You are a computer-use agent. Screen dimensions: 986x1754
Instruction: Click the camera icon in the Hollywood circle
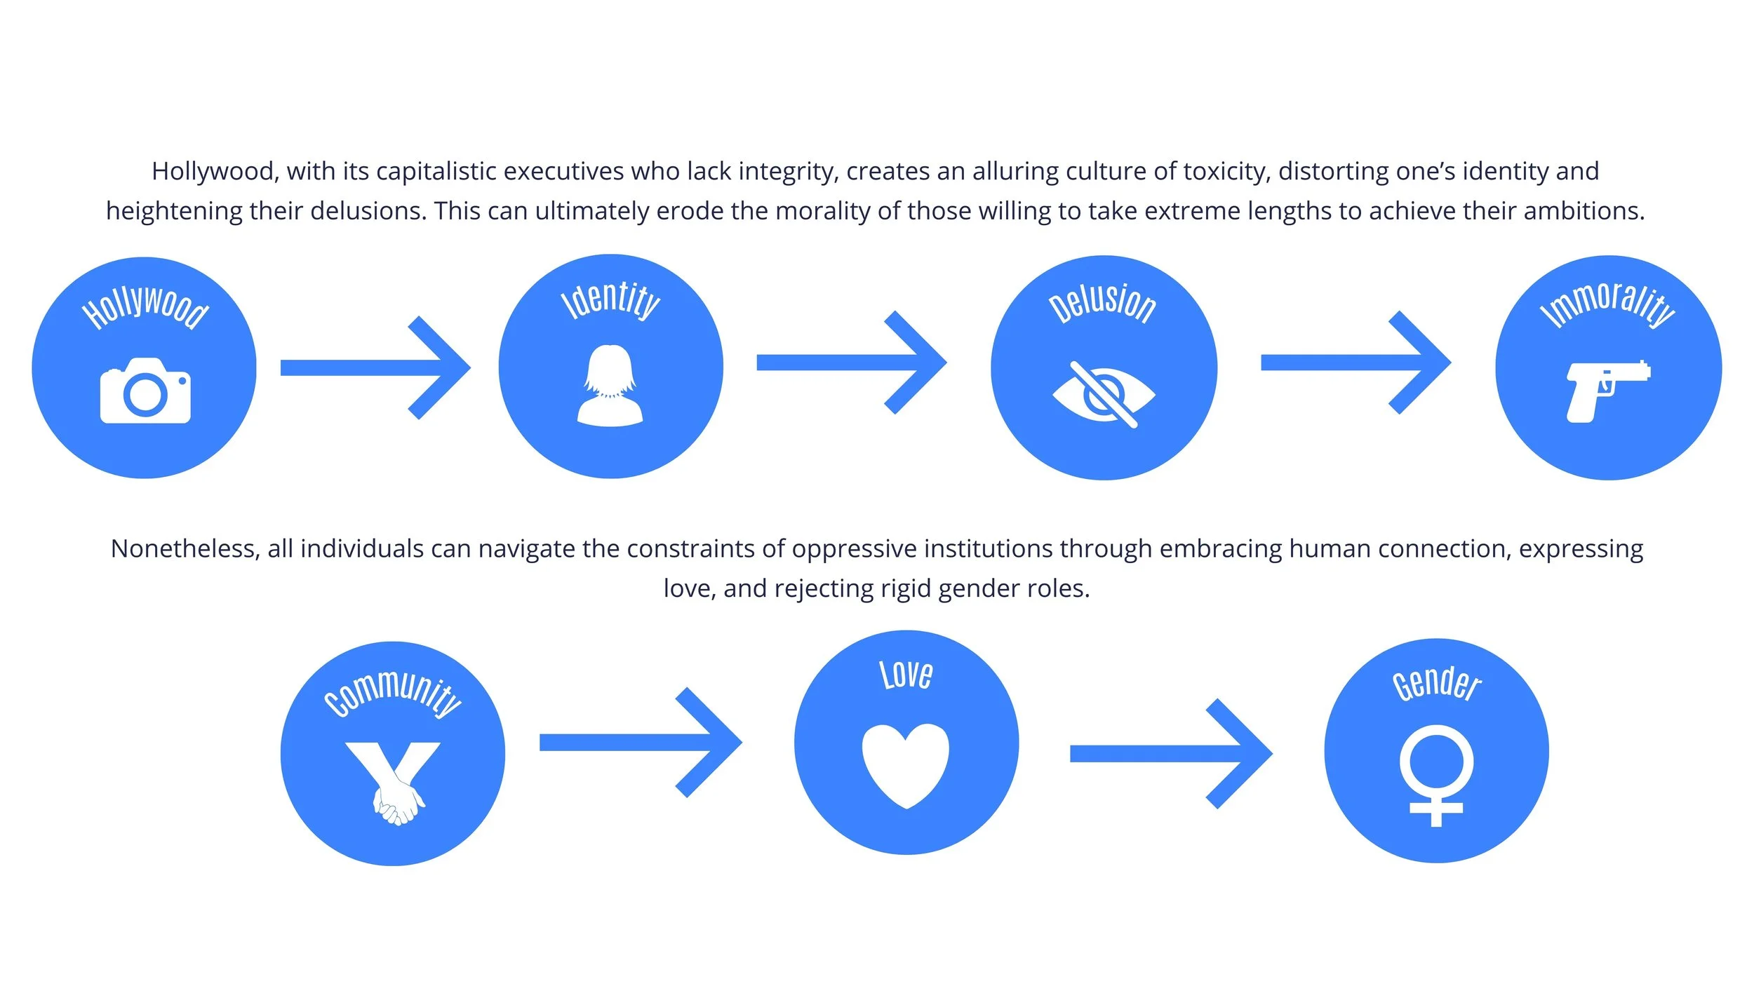[145, 391]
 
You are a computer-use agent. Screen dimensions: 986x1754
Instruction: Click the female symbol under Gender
[1436, 776]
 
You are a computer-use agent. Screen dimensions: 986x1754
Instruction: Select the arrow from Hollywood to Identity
[375, 367]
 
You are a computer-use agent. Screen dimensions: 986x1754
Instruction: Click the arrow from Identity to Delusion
[851, 363]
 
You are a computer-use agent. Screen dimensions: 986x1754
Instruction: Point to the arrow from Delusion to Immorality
[1355, 363]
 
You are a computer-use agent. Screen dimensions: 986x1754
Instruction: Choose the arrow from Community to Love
[640, 742]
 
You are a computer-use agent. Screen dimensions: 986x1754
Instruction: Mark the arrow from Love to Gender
[1170, 754]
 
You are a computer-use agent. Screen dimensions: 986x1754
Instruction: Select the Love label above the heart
[906, 675]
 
